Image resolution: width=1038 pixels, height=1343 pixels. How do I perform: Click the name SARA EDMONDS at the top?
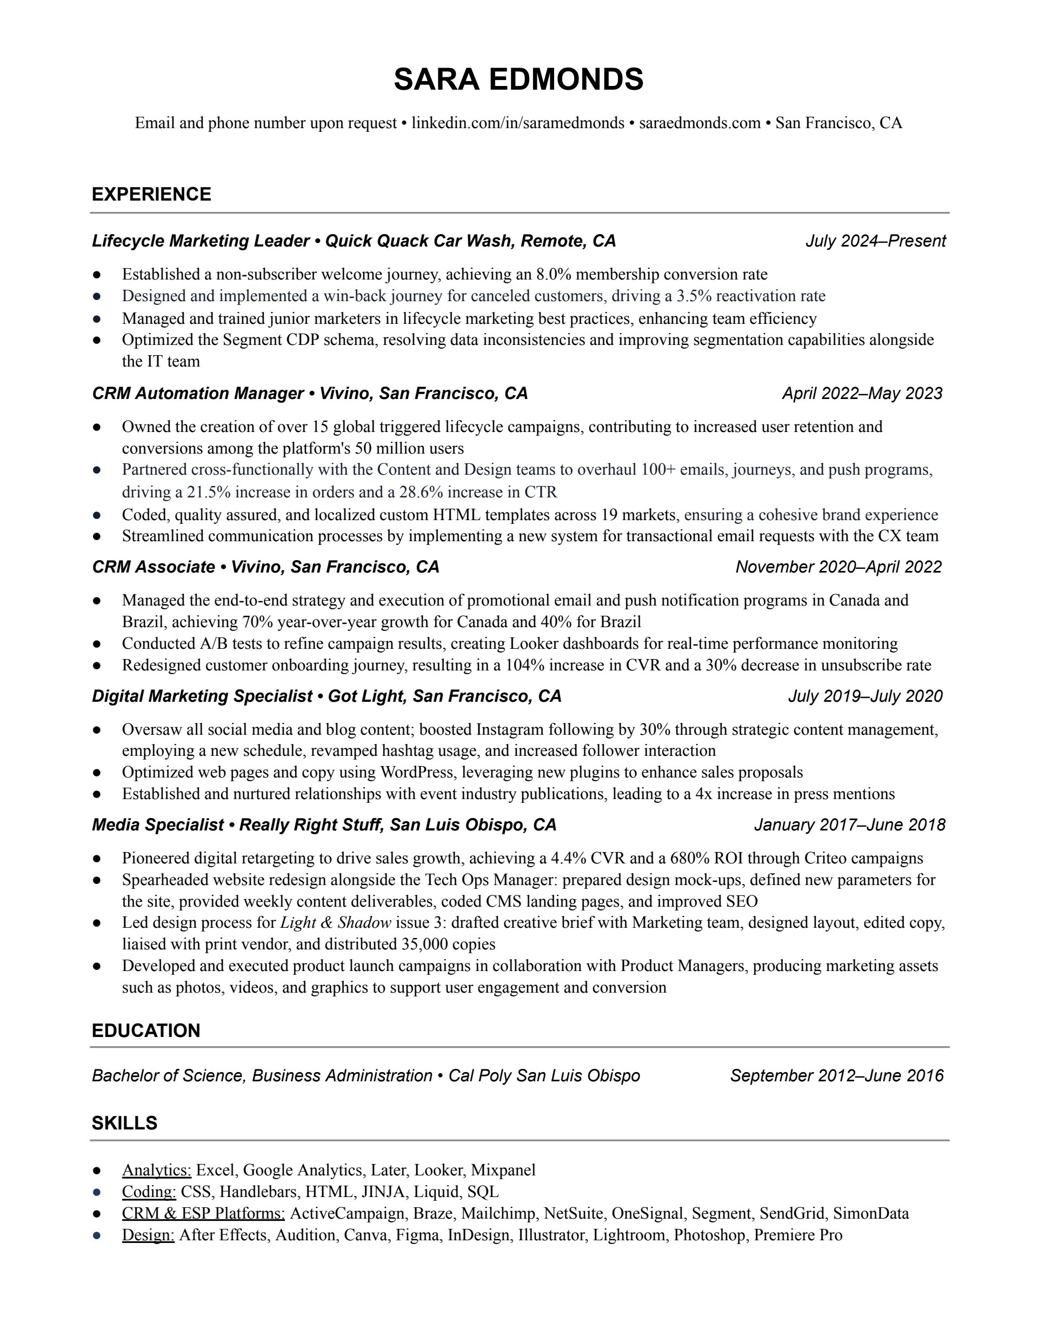pyautogui.click(x=518, y=79)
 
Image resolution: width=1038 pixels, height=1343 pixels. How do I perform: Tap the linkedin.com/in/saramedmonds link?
pyautogui.click(x=518, y=123)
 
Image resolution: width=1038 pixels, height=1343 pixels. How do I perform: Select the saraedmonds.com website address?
pyautogui.click(x=700, y=123)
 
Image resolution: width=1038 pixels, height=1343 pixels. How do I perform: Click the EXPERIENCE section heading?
pyautogui.click(x=151, y=194)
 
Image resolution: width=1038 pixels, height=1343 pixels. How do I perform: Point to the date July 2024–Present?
pyautogui.click(x=875, y=241)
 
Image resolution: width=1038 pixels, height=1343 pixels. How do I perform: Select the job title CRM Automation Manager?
pyautogui.click(x=198, y=394)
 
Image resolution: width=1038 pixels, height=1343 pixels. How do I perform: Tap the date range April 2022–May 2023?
pyautogui.click(x=862, y=394)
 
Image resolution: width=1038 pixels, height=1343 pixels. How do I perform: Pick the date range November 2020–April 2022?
pyautogui.click(x=838, y=567)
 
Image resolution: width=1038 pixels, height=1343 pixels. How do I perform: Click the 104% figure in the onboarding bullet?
pyautogui.click(x=524, y=666)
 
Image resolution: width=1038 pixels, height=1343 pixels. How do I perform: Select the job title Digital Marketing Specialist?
pyautogui.click(x=202, y=696)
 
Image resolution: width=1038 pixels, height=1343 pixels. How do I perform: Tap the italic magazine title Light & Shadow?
pyautogui.click(x=336, y=922)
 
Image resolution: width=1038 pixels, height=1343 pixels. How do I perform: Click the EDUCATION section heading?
pyautogui.click(x=146, y=1030)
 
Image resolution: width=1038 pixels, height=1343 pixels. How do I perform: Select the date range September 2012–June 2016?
pyautogui.click(x=836, y=1075)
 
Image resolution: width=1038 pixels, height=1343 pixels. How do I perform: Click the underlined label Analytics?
pyautogui.click(x=157, y=1169)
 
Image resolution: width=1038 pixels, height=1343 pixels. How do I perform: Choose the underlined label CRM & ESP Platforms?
pyautogui.click(x=203, y=1213)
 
